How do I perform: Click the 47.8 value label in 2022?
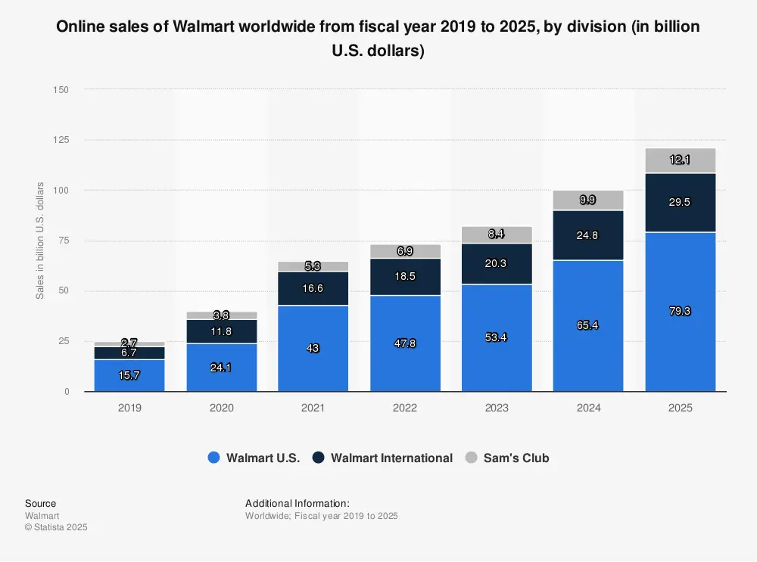405,343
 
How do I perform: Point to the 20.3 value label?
497,264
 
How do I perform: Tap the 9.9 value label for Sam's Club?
588,200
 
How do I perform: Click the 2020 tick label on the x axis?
221,408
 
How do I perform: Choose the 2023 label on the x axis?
497,408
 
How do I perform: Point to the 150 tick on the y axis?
61,90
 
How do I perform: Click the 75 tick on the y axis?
64,241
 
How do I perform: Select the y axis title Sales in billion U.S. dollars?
40,241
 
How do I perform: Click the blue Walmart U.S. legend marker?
213,458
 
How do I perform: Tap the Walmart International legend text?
391,458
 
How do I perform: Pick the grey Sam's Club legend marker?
471,458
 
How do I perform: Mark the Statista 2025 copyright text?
56,527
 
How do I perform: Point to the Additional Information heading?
298,503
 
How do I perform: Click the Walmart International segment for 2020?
221,331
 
